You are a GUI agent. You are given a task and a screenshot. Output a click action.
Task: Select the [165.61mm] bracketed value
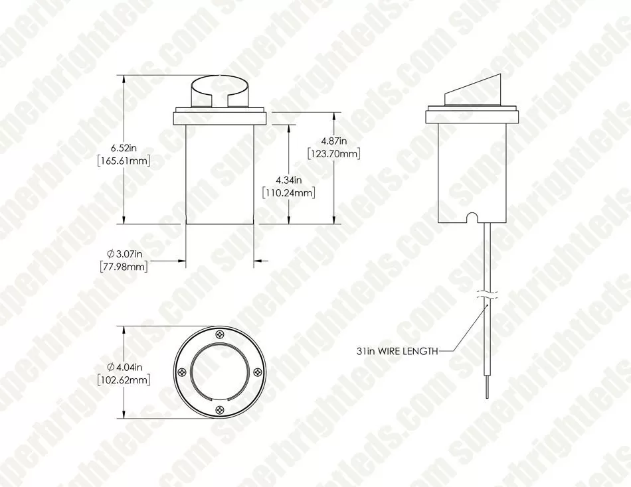tap(124, 161)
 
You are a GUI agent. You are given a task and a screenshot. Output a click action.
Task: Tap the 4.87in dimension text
tap(333, 141)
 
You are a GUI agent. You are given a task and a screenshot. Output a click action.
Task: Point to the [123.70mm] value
tap(333, 154)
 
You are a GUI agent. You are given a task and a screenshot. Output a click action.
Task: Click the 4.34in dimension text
tap(288, 180)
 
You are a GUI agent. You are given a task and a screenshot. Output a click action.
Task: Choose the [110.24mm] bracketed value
tap(288, 192)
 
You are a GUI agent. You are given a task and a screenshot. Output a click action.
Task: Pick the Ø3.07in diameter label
tap(124, 253)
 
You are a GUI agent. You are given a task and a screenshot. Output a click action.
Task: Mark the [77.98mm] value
tap(124, 266)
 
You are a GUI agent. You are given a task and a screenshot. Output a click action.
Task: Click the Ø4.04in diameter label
tap(124, 367)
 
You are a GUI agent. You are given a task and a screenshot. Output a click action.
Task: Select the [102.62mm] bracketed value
tap(124, 380)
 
